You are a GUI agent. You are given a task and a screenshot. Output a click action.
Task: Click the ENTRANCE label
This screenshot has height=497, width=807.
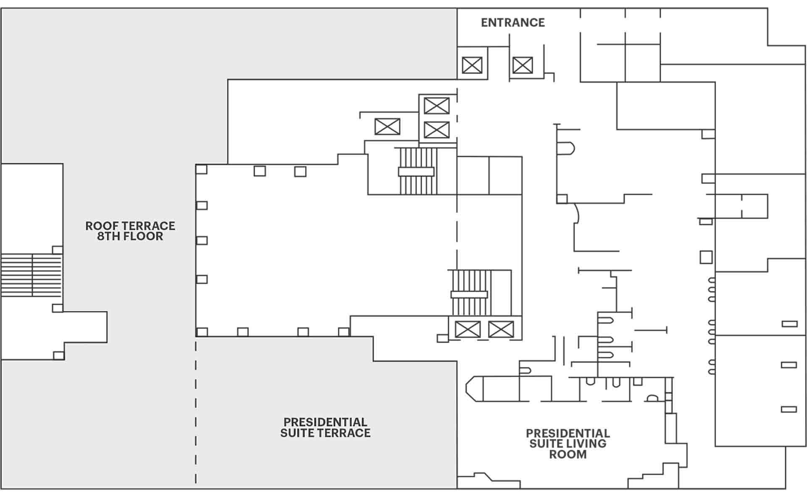pos(513,23)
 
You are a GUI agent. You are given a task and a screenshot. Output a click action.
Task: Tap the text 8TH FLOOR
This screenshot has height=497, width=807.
pos(130,236)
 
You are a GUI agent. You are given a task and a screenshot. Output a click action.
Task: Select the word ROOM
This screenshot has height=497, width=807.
pos(568,455)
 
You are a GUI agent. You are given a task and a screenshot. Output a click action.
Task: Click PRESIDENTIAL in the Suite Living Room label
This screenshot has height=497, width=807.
pos(568,433)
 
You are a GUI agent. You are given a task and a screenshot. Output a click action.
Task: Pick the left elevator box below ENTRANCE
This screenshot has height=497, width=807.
pos(472,66)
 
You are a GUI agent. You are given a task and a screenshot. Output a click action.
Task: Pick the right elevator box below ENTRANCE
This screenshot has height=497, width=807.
pos(522,66)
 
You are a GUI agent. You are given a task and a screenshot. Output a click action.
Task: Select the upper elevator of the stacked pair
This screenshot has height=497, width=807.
pos(437,106)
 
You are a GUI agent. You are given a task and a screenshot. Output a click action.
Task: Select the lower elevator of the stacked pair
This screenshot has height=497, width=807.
pos(437,130)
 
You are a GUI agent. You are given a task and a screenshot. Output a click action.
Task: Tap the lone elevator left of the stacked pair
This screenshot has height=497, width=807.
pos(387,127)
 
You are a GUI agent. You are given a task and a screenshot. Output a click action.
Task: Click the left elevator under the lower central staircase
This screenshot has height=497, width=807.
pos(468,329)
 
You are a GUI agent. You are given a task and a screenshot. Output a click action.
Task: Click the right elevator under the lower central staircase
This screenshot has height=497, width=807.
pos(501,329)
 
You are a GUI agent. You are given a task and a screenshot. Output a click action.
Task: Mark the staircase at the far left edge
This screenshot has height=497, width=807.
pos(32,275)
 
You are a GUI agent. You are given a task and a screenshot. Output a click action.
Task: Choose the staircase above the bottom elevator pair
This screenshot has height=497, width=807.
pos(469,293)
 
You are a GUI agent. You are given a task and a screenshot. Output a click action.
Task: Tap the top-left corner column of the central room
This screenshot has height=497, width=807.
pos(202,169)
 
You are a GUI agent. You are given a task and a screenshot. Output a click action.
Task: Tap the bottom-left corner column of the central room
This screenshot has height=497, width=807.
pos(202,332)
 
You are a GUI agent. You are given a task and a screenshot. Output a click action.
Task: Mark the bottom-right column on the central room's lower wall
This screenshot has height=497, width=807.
pos(344,332)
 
